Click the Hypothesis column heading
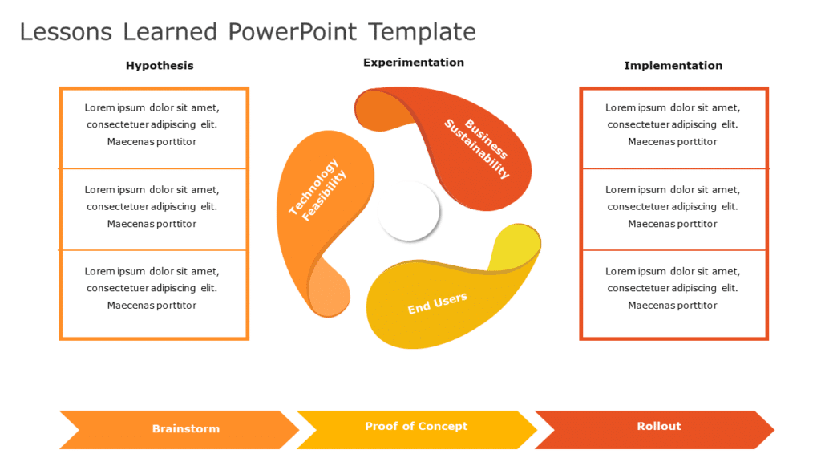[x=160, y=66]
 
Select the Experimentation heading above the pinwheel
[x=413, y=63]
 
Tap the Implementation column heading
[x=673, y=66]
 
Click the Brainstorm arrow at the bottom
[x=185, y=429]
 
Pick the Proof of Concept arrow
[x=415, y=427]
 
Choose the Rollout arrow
[x=658, y=427]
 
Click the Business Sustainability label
[x=478, y=148]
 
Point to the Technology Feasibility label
[x=317, y=190]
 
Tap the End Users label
[x=437, y=304]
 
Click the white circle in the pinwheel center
[x=409, y=211]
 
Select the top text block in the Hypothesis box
[x=152, y=124]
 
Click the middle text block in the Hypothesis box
[x=152, y=207]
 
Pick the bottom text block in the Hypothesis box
[x=152, y=289]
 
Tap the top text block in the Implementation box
[x=673, y=124]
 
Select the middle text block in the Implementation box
[x=673, y=207]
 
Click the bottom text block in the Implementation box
[x=673, y=289]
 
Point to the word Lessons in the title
[x=66, y=32]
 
